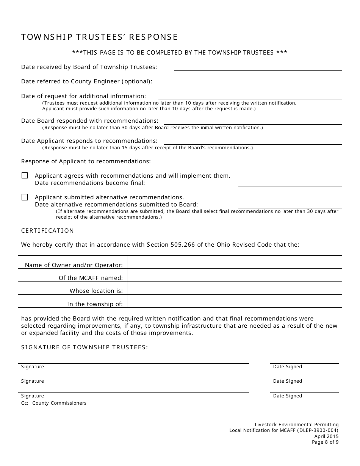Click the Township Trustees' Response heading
(x=99, y=37)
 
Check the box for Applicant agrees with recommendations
(x=25, y=175)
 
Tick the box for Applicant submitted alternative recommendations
(x=25, y=197)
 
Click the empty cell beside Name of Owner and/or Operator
(x=234, y=262)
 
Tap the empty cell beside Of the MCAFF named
(x=234, y=275)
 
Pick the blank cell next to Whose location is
(x=234, y=288)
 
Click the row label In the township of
(x=95, y=304)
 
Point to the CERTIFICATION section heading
(x=47, y=230)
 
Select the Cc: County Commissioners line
(x=54, y=403)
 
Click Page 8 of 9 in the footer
(x=325, y=442)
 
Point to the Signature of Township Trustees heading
(x=84, y=347)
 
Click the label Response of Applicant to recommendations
(x=86, y=161)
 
